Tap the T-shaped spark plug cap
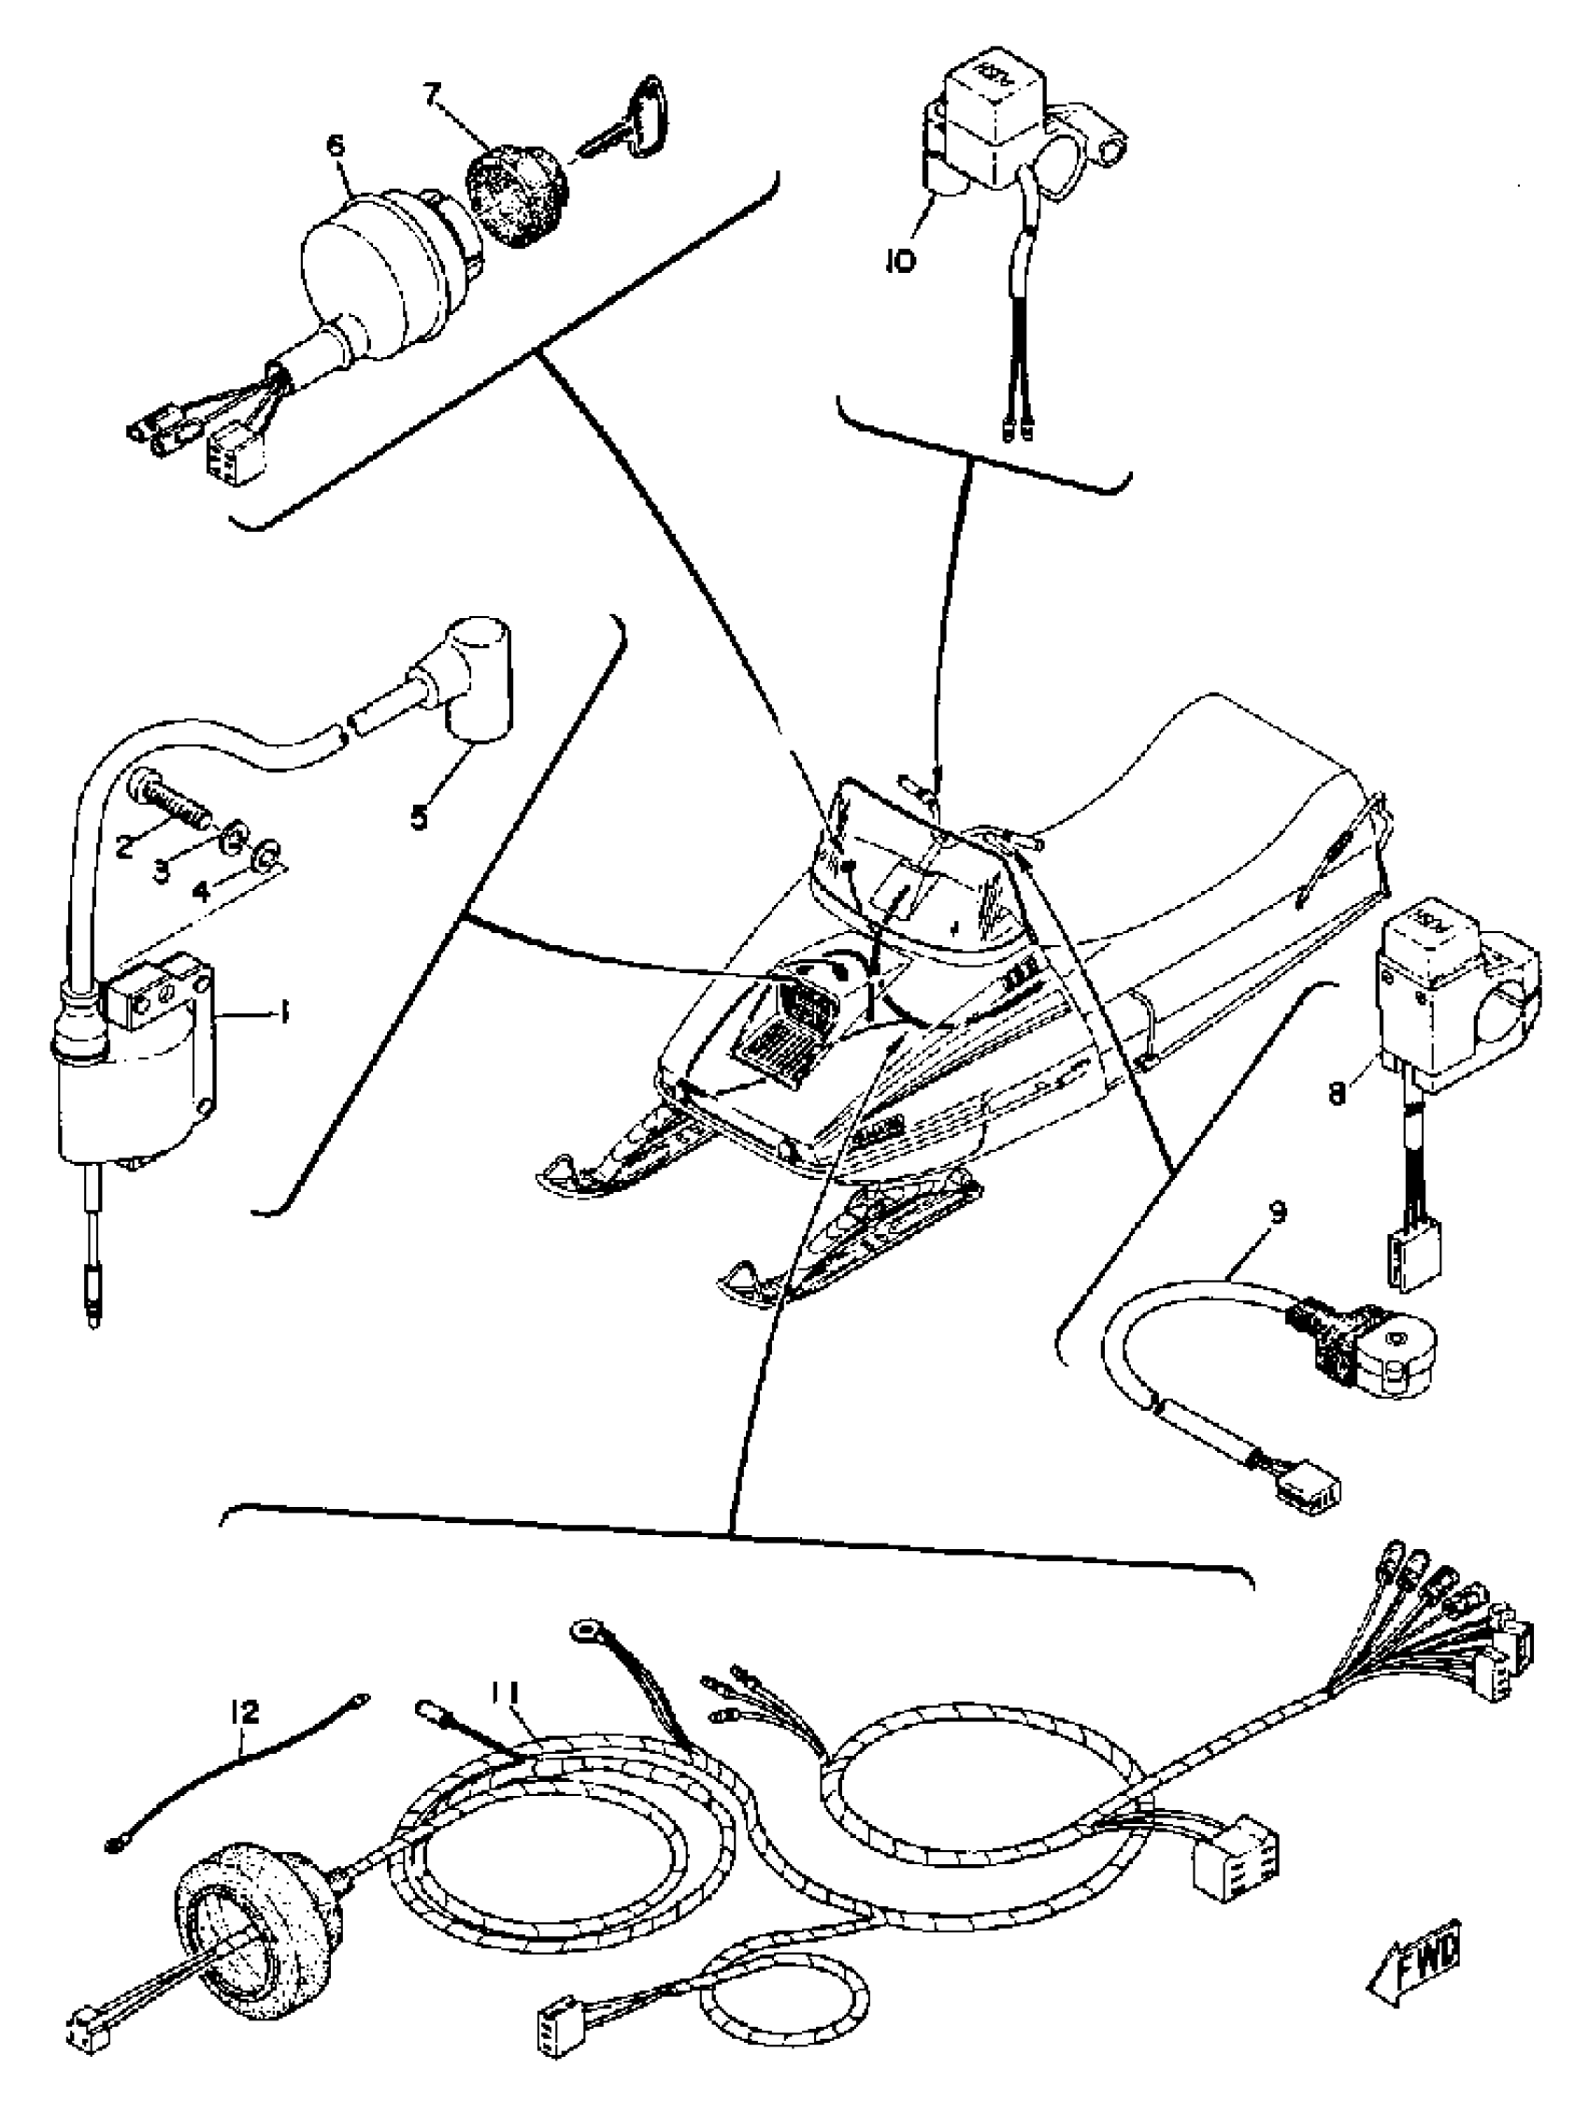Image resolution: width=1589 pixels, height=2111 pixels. pyautogui.click(x=465, y=676)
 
